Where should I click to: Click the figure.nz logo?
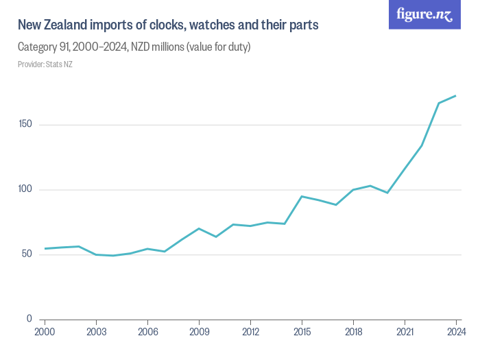424,15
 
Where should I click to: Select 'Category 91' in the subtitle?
45,47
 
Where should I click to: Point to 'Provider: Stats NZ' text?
45,64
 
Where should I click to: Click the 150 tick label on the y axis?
25,125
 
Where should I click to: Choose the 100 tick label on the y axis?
25,189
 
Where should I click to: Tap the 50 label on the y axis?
27,254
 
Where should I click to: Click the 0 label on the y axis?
29,319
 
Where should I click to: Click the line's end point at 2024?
456,96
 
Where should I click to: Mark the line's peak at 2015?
302,196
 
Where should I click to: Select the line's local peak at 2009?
199,228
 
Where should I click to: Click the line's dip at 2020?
387,193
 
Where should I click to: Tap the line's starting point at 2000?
45,248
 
